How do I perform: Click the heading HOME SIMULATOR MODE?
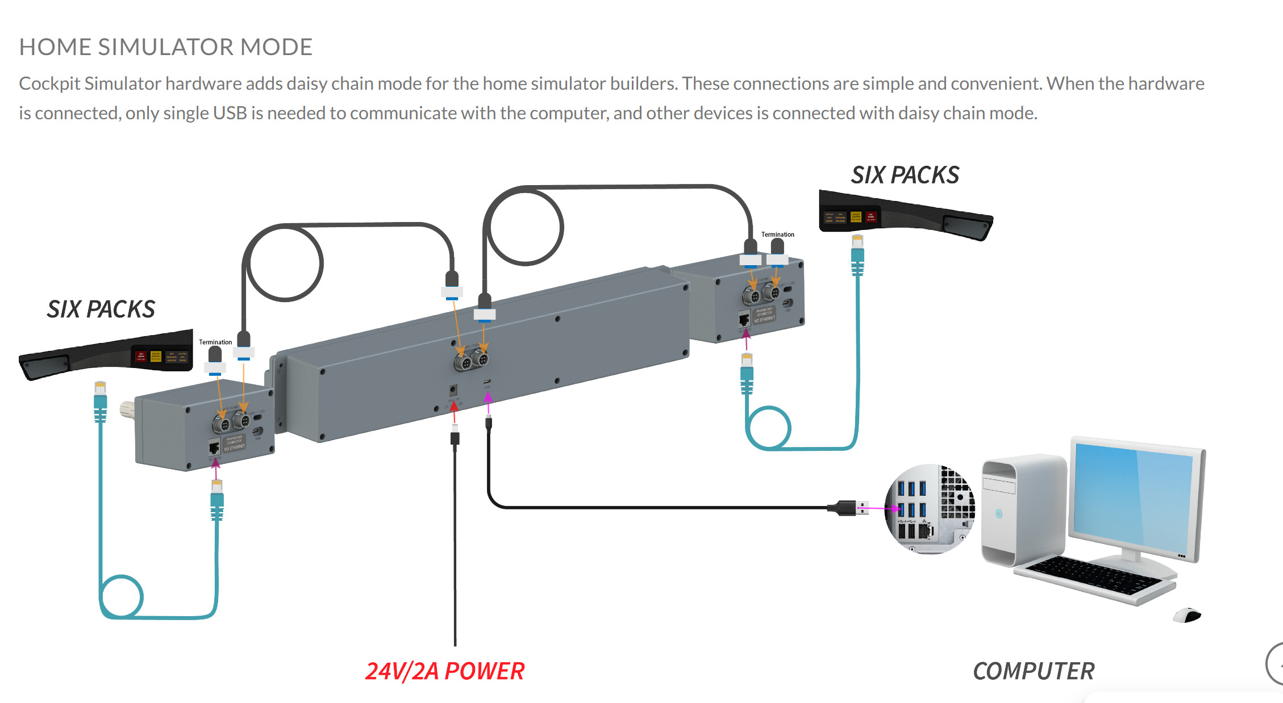click(x=165, y=47)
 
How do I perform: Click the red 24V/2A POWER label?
click(x=444, y=671)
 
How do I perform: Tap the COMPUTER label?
click(x=1033, y=671)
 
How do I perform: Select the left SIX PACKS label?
click(x=101, y=309)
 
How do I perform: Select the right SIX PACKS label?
click(x=905, y=175)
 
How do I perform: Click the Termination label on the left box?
click(x=215, y=342)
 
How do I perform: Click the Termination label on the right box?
click(x=777, y=235)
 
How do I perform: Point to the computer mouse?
click(x=1187, y=615)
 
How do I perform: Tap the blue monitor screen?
click(x=1134, y=500)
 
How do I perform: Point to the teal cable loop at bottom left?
click(x=121, y=596)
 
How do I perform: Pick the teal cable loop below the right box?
click(x=768, y=428)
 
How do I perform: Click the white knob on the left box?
click(x=126, y=409)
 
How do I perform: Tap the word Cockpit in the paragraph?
click(x=49, y=83)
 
